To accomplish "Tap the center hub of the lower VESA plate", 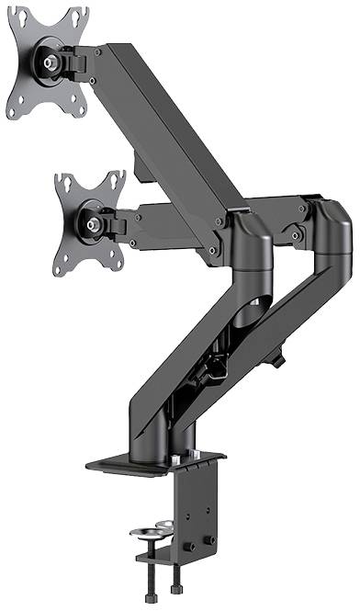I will [91, 220].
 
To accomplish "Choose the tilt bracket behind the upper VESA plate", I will [81, 62].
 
